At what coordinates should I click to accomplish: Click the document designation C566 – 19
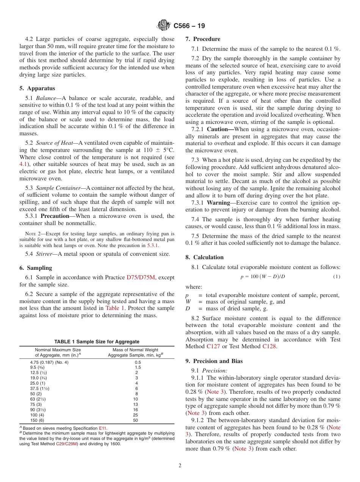(189, 26)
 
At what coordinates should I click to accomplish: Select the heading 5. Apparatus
(37, 88)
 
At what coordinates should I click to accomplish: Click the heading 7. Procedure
(203, 39)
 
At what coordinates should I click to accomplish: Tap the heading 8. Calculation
(204, 257)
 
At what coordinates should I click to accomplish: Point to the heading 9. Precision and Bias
(214, 361)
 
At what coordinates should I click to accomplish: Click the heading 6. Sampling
(36, 268)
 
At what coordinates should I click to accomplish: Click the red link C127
(214, 346)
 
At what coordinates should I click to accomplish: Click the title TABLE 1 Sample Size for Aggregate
(97, 341)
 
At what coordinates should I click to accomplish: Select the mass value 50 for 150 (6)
(135, 420)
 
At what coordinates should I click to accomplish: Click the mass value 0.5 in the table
(135, 362)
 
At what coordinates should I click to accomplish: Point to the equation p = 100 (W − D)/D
(263, 277)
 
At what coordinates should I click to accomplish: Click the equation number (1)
(337, 277)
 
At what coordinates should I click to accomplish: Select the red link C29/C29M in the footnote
(66, 444)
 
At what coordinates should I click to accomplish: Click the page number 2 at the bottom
(180, 466)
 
